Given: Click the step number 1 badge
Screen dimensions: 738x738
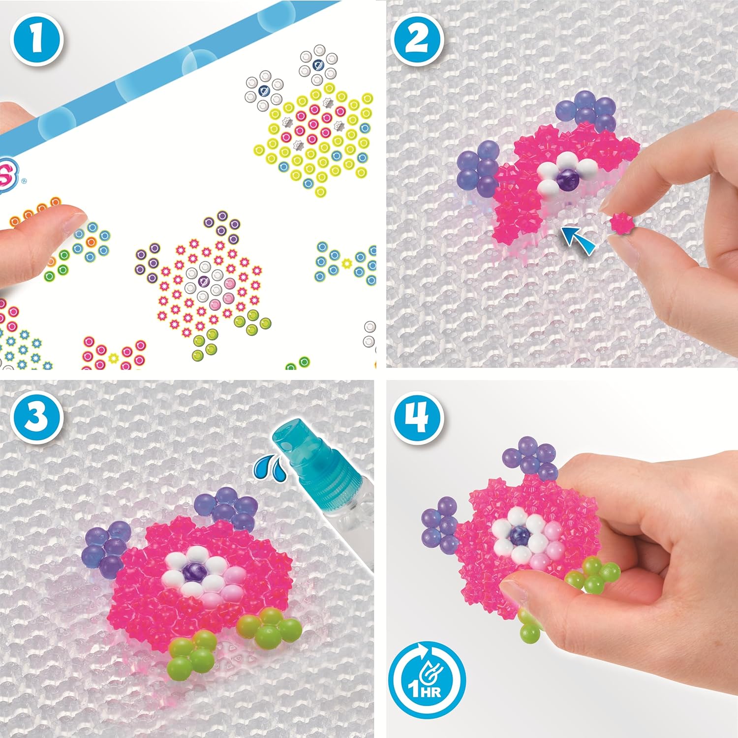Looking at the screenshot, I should (36, 39).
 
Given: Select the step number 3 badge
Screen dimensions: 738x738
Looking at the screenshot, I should (36, 416).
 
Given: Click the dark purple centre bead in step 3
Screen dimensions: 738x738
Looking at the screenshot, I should (190, 572).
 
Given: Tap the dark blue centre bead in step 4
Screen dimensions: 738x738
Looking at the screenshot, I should (520, 536).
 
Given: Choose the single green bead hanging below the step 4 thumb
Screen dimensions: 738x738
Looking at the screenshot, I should (529, 633).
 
